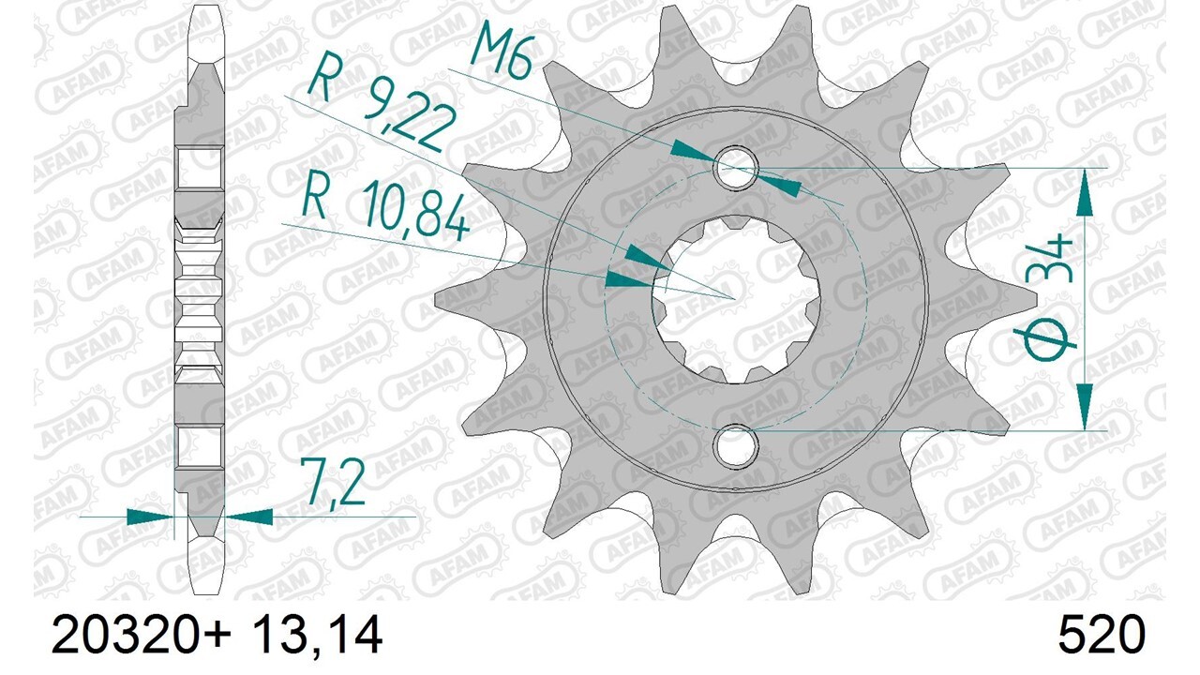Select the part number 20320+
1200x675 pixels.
pos(142,637)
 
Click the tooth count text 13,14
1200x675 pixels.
pos(317,637)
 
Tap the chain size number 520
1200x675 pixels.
pos(1102,637)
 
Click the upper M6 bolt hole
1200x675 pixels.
pos(736,168)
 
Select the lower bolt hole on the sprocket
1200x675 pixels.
pos(736,445)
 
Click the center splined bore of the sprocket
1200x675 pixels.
pos(736,300)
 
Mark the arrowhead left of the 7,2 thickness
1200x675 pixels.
pos(150,516)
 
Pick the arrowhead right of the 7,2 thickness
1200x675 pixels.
pos(248,516)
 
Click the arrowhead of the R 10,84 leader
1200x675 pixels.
pos(628,279)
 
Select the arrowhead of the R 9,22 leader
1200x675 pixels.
pos(647,259)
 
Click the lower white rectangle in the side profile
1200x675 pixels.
pos(200,445)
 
